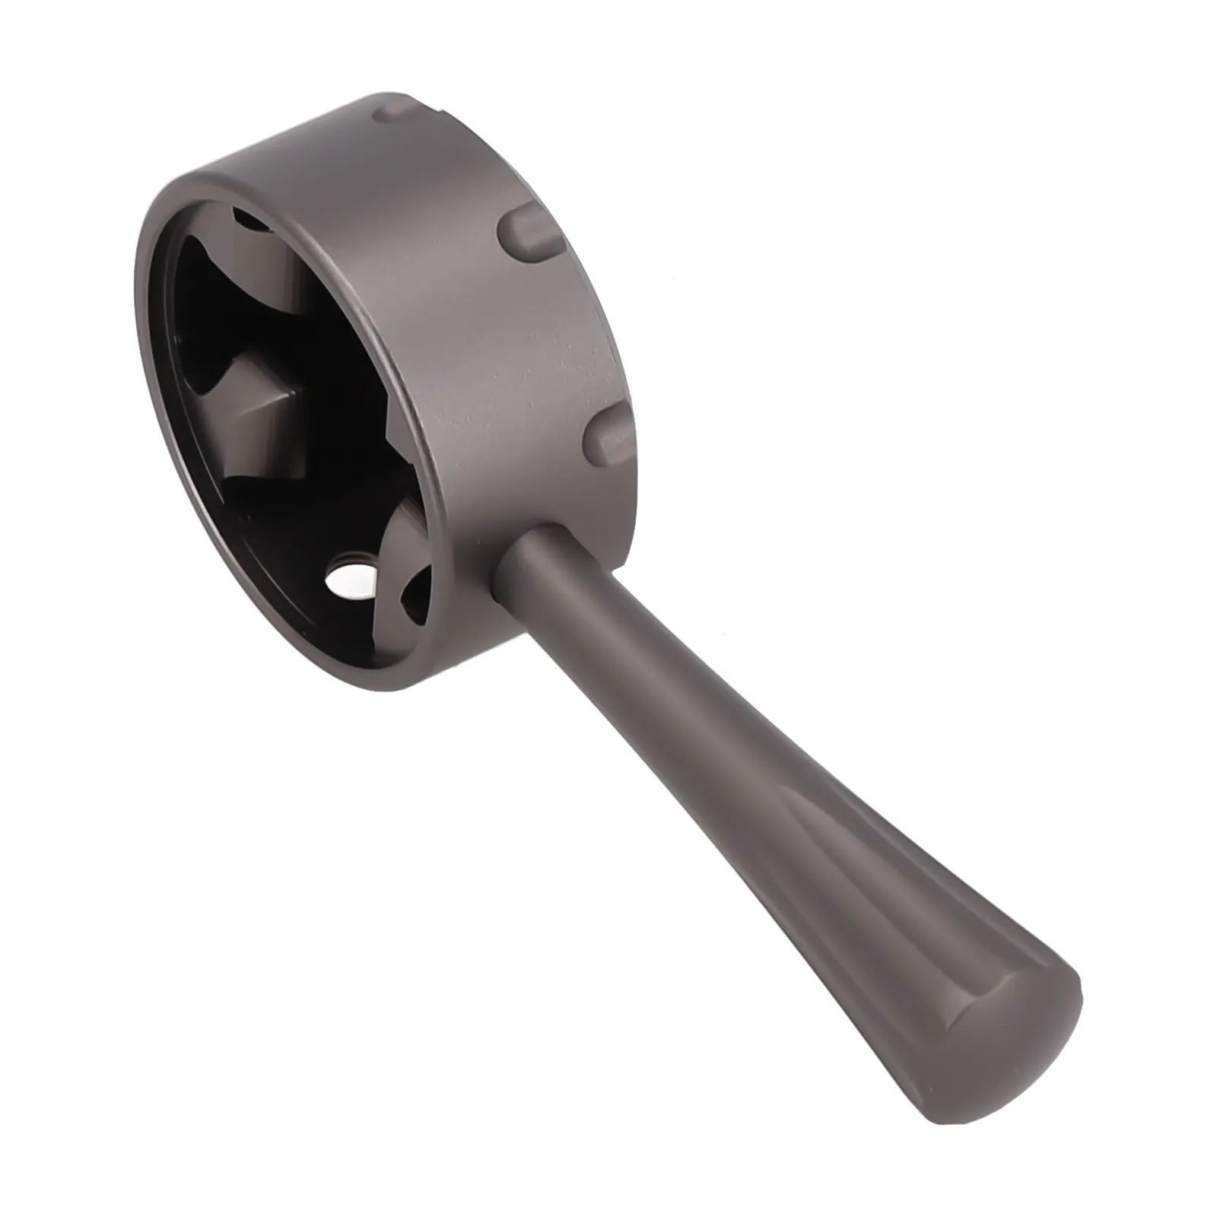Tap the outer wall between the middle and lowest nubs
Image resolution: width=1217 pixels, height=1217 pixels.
click(563, 335)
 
